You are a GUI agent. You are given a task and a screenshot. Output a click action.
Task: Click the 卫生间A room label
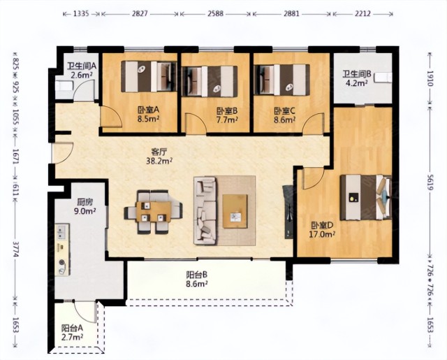tap(82, 66)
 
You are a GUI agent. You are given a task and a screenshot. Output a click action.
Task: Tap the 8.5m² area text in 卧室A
tap(148, 118)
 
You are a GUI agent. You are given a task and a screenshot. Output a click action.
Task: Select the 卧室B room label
tap(227, 111)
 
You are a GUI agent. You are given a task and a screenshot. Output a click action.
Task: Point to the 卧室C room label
tap(284, 110)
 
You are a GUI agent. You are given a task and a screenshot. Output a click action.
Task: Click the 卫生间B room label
tap(357, 75)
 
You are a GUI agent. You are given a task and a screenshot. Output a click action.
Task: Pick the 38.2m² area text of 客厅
tap(159, 161)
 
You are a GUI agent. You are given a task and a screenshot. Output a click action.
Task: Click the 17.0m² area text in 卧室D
tap(322, 234)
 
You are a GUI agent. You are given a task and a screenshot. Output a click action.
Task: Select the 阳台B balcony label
tap(196, 275)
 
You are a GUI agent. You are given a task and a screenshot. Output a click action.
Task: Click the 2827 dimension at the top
tap(140, 13)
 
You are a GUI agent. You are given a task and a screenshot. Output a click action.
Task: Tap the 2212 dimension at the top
tap(362, 13)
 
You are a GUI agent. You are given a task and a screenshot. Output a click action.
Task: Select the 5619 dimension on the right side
tap(430, 183)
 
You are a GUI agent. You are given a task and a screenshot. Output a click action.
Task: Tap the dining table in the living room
tap(154, 212)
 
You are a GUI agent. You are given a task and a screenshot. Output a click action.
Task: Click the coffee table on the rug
tap(235, 211)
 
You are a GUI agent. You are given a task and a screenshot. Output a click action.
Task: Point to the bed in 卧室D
tap(365, 198)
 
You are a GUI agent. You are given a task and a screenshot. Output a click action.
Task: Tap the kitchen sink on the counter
tap(62, 232)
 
